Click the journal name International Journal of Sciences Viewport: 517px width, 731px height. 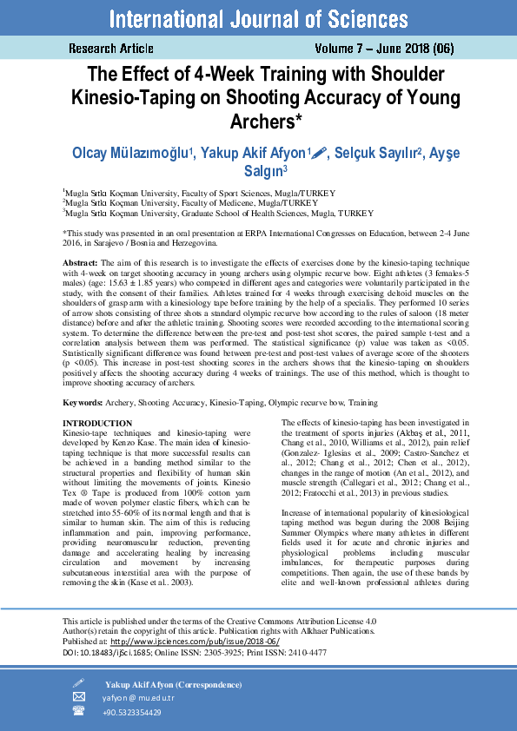[x=258, y=18]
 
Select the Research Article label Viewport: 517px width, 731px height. [x=110, y=49]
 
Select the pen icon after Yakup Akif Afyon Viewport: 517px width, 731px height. [x=319, y=153]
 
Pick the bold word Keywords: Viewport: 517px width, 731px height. [x=83, y=404]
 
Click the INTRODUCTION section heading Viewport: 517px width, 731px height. [x=98, y=423]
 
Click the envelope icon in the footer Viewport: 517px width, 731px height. [x=79, y=696]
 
